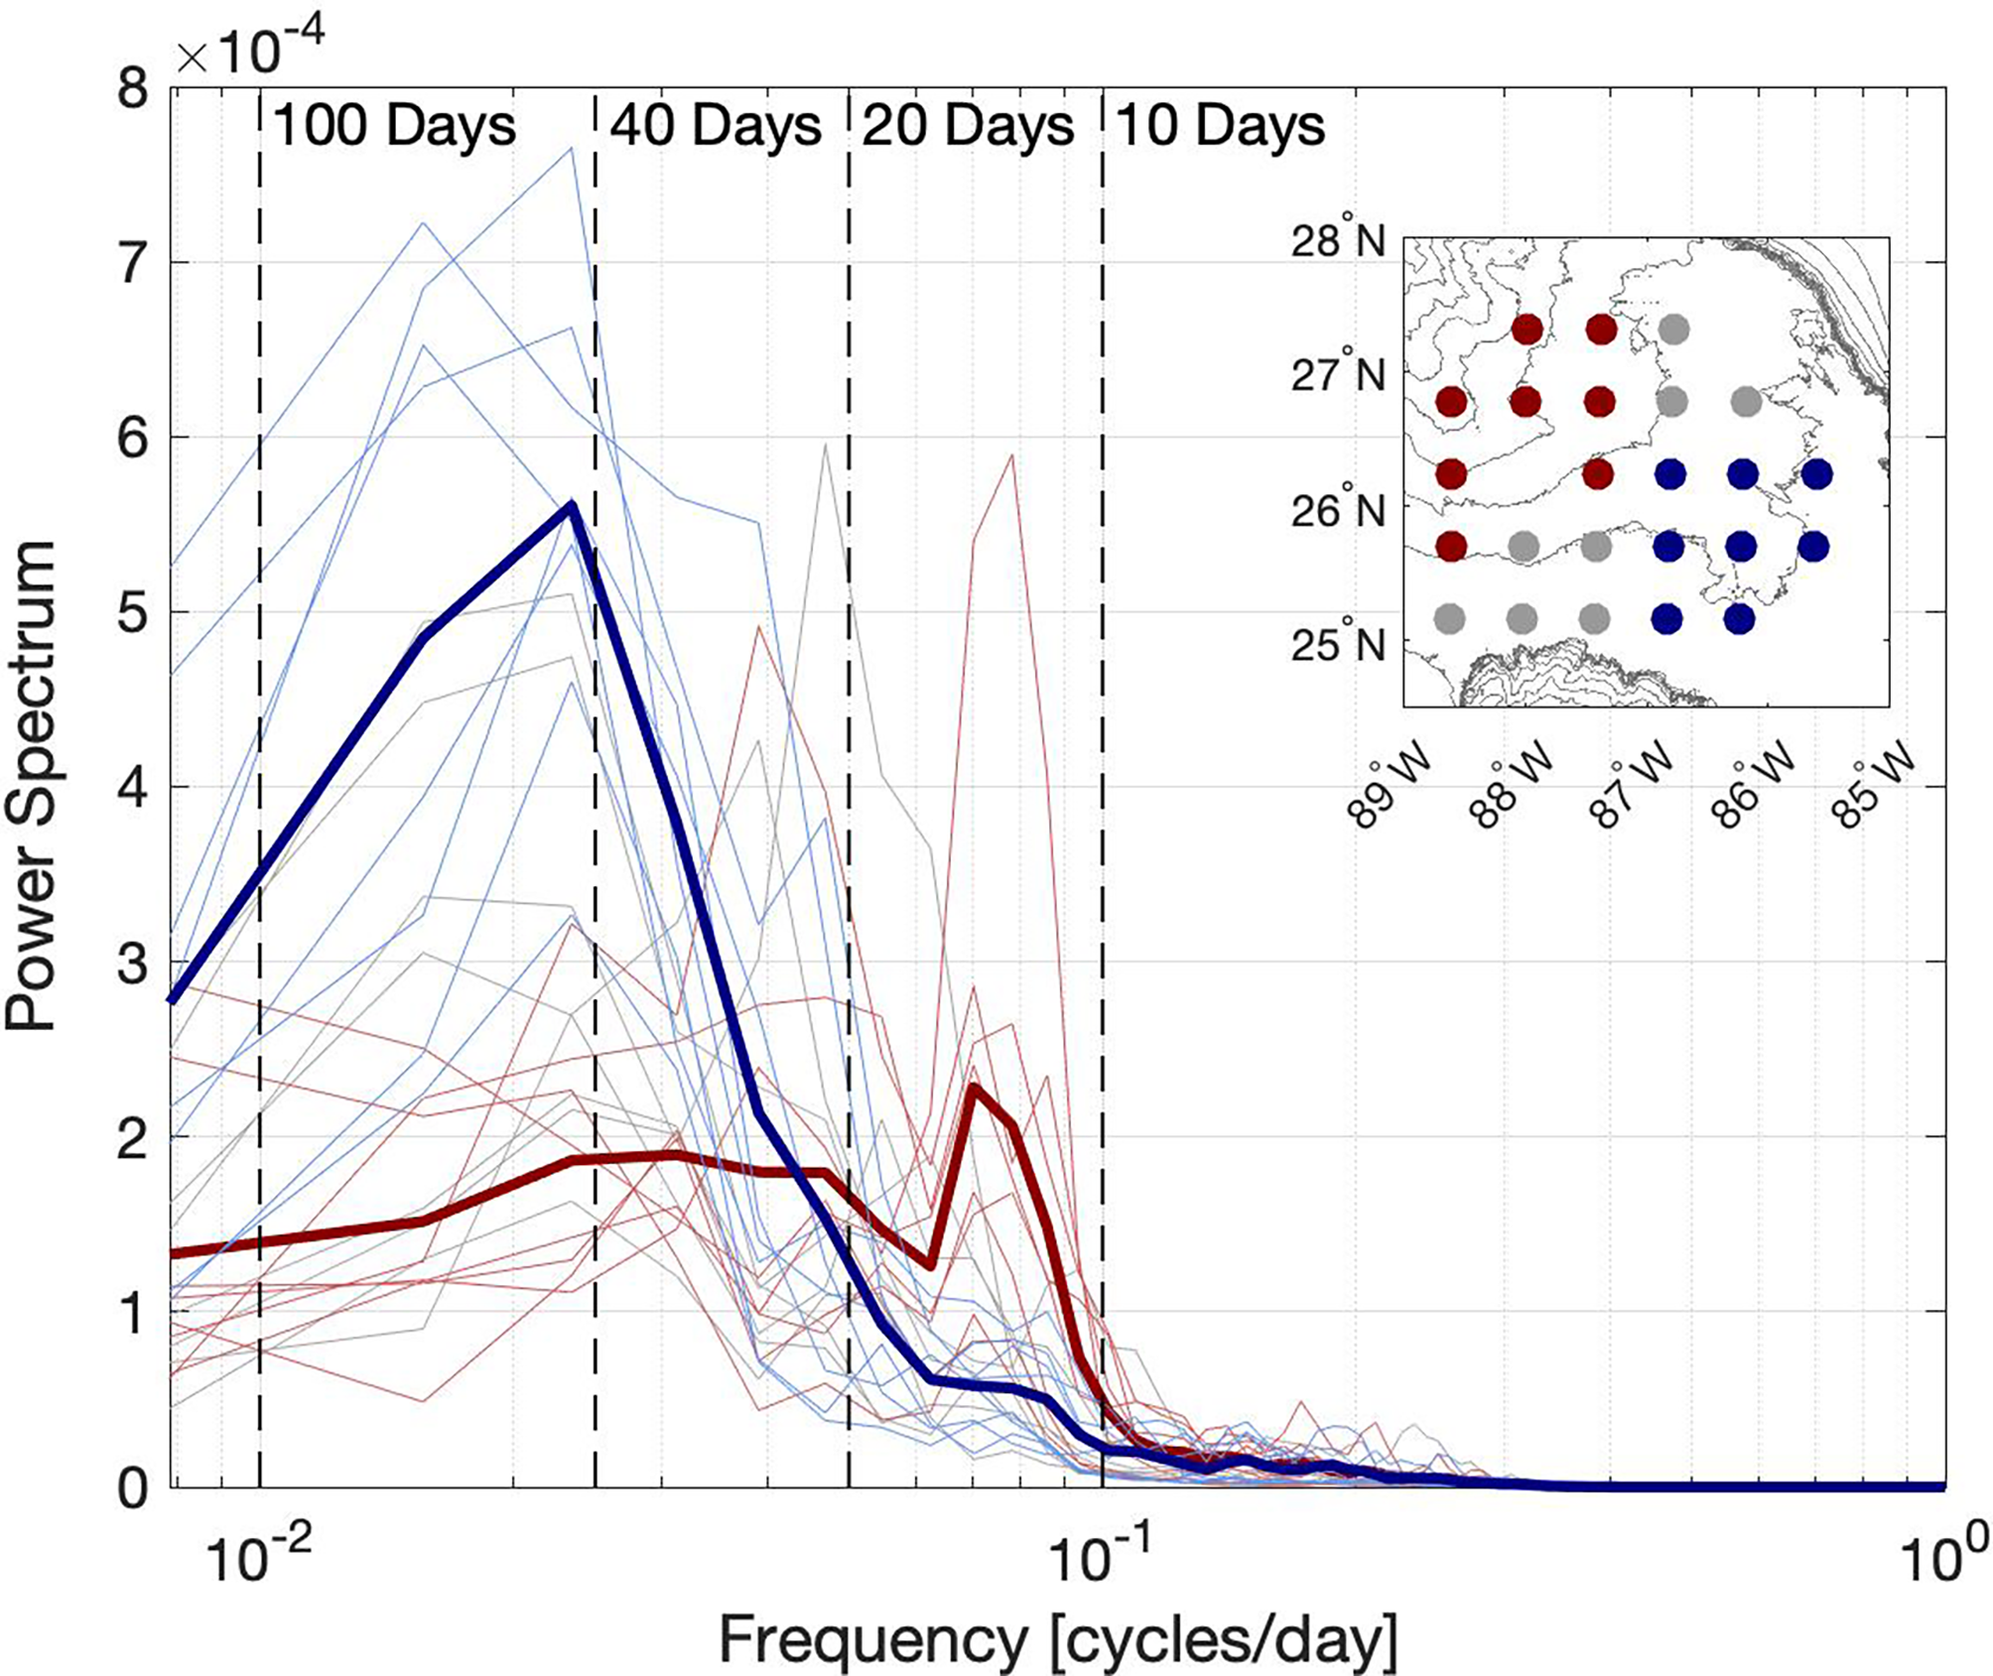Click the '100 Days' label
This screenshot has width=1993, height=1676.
[394, 126]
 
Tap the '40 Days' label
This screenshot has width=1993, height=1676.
[716, 126]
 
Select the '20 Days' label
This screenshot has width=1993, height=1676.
[968, 126]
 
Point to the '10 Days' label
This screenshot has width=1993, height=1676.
[1220, 126]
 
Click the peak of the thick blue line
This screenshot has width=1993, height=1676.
[572, 505]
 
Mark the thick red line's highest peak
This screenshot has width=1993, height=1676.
[974, 1088]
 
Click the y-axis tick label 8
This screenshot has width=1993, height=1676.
[133, 89]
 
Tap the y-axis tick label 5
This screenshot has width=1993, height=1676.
[133, 613]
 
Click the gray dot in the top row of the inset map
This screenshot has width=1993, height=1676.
[1673, 328]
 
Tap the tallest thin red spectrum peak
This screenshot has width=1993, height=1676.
[1011, 455]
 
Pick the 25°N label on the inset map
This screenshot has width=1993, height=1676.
[1337, 645]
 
